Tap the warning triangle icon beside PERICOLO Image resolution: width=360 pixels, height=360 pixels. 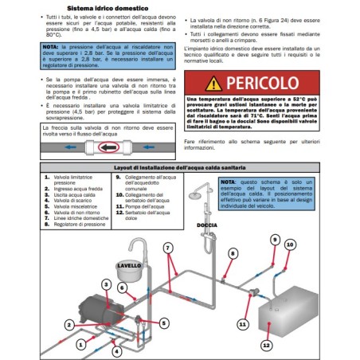[213, 83]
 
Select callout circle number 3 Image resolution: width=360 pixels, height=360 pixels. [106, 284]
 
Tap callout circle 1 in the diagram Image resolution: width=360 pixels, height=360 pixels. [69, 325]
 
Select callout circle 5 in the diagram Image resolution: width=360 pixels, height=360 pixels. [163, 323]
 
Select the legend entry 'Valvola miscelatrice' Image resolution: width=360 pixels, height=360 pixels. [78, 207]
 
